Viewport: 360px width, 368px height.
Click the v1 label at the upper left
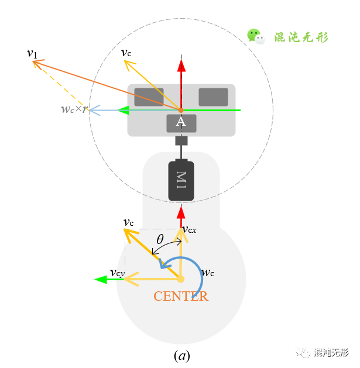[x=32, y=53]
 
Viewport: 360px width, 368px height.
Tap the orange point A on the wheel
[x=181, y=110]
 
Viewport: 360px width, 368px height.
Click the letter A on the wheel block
[x=181, y=122]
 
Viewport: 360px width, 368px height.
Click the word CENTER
[x=181, y=296]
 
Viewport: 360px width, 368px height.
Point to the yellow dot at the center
[x=181, y=279]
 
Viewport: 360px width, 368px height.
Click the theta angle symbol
[x=160, y=239]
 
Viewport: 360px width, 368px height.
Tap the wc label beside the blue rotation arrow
[x=208, y=273]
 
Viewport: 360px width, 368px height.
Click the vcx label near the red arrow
[x=189, y=229]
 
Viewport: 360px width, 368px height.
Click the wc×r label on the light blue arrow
[x=74, y=109]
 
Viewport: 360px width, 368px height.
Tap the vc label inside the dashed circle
[x=126, y=53]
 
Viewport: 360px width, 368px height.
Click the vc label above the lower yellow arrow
[x=129, y=222]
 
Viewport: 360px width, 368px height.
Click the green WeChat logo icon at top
[x=256, y=36]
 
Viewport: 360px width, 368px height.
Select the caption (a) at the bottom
[x=181, y=355]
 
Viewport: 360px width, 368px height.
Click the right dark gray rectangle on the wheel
[x=213, y=97]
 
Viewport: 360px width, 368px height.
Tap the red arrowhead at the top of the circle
[x=181, y=64]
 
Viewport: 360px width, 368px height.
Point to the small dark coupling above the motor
[x=181, y=141]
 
